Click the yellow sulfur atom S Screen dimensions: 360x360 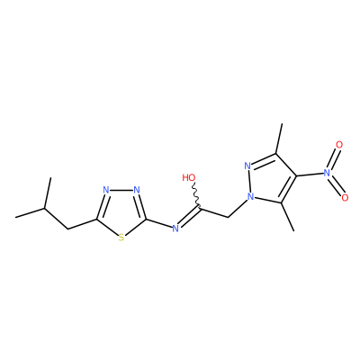pos(121,238)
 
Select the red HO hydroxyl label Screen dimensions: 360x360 pos(189,177)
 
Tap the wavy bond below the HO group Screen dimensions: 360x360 pos(195,195)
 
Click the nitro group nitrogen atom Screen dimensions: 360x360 pos(327,172)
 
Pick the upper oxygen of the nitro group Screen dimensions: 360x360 pos(339,145)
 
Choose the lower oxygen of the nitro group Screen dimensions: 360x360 pos(345,198)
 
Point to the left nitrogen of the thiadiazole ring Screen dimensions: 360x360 pos(105,190)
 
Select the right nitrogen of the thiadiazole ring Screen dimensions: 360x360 pos(137,190)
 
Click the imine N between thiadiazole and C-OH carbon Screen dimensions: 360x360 pos(175,229)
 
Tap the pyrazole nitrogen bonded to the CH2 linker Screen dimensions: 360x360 pos(251,197)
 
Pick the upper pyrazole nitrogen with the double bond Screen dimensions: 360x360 pos(247,166)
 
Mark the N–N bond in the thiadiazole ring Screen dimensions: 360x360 pos(121,190)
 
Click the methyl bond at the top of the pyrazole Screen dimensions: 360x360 pos(279,139)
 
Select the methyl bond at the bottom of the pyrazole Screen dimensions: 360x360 pos(288,217)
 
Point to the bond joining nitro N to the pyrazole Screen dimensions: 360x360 pos(310,174)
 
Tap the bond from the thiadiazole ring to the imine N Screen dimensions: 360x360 pos(158,223)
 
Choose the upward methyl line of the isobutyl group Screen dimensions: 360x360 pos(48,193)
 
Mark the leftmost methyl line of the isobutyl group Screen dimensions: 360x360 pos(30,212)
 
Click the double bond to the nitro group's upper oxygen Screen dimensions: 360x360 pos(333,158)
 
